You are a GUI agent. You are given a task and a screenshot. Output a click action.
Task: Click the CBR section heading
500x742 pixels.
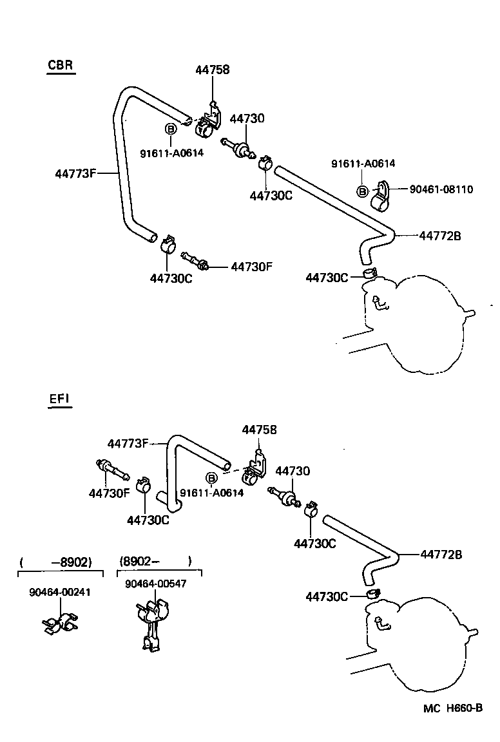[x=61, y=65]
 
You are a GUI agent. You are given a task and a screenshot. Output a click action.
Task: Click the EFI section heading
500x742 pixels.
[x=60, y=399]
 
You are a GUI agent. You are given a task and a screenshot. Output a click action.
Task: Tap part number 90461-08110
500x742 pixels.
[x=441, y=189]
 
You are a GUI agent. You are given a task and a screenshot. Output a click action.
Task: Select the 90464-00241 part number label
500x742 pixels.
[x=60, y=591]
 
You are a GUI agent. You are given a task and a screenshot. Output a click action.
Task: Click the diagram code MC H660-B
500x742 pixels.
[x=452, y=709]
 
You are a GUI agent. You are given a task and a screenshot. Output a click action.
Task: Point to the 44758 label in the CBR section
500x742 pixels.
[x=212, y=70]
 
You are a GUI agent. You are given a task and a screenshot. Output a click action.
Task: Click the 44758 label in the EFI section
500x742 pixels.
[x=259, y=430]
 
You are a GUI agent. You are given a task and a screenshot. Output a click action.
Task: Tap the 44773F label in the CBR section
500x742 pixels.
[x=75, y=173]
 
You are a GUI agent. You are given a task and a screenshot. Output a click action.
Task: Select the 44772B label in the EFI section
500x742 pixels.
[x=441, y=554]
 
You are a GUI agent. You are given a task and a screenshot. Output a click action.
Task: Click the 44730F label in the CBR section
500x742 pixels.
[x=252, y=266]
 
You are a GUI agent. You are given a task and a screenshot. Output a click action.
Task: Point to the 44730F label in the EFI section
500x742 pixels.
[x=109, y=493]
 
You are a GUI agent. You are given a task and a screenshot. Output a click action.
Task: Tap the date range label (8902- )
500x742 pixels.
[x=155, y=561]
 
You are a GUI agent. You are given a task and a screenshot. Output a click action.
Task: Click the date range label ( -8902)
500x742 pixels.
[x=56, y=562]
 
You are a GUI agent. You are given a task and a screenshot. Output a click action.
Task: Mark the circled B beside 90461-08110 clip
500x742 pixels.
[x=362, y=191]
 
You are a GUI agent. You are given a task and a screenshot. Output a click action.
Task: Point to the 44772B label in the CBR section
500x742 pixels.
[x=440, y=236]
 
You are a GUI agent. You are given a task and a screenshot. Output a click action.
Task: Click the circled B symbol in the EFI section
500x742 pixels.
[x=211, y=478]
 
